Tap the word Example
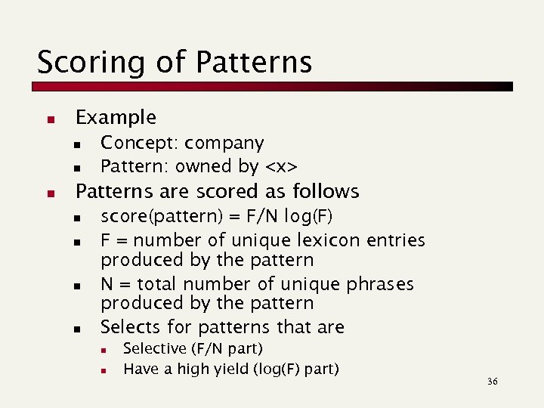(x=116, y=117)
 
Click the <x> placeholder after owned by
(x=280, y=165)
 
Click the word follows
(x=326, y=190)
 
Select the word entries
(x=396, y=240)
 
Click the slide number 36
(x=493, y=382)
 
